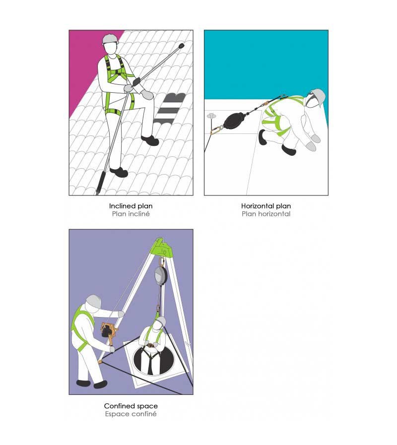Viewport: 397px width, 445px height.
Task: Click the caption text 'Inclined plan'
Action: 131,205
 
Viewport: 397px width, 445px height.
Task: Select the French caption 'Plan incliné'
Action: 131,214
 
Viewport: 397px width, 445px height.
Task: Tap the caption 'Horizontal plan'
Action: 266,205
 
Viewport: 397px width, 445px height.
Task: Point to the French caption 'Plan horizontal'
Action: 266,214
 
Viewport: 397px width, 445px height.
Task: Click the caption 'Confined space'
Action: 131,406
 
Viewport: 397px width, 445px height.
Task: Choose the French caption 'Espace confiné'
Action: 131,414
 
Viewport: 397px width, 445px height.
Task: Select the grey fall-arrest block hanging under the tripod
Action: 160,275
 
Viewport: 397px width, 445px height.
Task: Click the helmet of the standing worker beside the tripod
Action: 93,301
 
